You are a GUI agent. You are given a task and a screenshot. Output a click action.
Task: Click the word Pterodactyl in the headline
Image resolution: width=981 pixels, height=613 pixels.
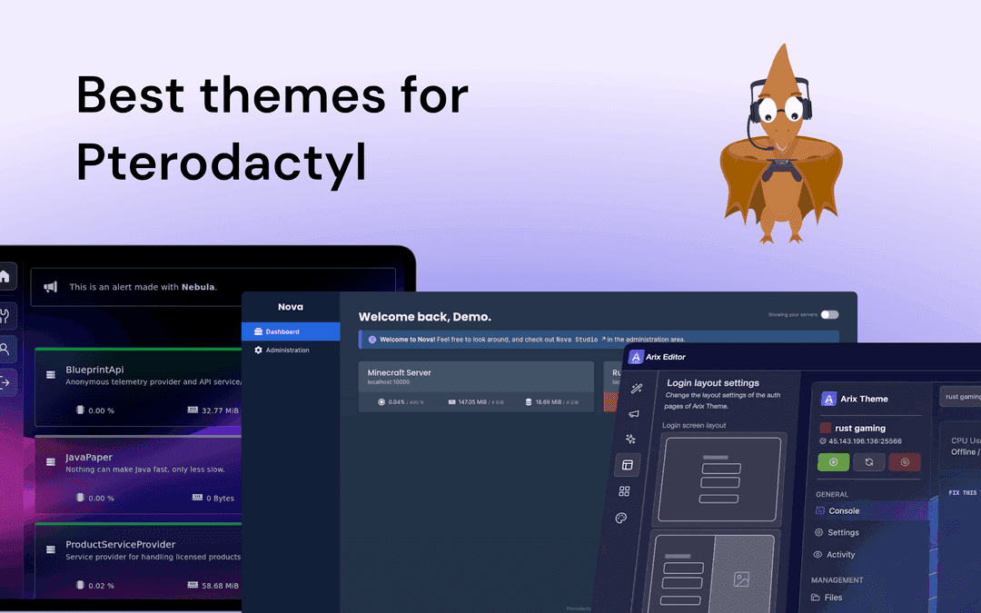point(221,163)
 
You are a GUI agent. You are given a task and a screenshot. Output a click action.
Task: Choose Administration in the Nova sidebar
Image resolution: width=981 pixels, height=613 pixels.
point(287,350)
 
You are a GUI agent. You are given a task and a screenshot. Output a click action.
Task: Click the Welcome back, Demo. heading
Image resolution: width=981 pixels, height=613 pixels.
point(424,317)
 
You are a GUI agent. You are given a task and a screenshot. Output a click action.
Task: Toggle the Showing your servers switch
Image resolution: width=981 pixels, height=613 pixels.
point(829,314)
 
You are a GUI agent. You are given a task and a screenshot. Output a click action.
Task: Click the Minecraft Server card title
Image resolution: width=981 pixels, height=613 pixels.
point(399,372)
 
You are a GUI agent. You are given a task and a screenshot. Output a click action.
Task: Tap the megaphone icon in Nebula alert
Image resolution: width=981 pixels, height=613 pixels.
point(51,287)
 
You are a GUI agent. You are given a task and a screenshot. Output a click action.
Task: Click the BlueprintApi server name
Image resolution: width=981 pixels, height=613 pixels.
point(94,370)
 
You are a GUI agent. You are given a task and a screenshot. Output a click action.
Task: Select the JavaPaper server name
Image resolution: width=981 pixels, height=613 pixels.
point(89,458)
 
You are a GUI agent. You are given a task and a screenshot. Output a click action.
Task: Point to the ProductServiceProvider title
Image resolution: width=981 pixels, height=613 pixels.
point(120,545)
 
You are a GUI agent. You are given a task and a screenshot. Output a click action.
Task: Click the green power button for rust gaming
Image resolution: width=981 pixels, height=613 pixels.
point(834,461)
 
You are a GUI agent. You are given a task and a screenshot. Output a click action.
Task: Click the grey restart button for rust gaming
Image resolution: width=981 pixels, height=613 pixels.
point(869,461)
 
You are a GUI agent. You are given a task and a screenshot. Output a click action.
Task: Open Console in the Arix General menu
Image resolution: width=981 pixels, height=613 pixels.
point(843,511)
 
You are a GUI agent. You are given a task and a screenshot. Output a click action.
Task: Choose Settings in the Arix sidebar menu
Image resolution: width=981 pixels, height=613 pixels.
point(843,533)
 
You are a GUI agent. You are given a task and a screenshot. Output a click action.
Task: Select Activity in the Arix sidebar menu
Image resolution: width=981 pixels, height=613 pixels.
point(840,555)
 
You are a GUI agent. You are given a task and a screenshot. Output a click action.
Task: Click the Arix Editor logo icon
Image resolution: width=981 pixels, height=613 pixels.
point(636,357)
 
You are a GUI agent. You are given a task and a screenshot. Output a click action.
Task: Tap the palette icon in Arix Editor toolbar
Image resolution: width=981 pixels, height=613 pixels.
point(621,518)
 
